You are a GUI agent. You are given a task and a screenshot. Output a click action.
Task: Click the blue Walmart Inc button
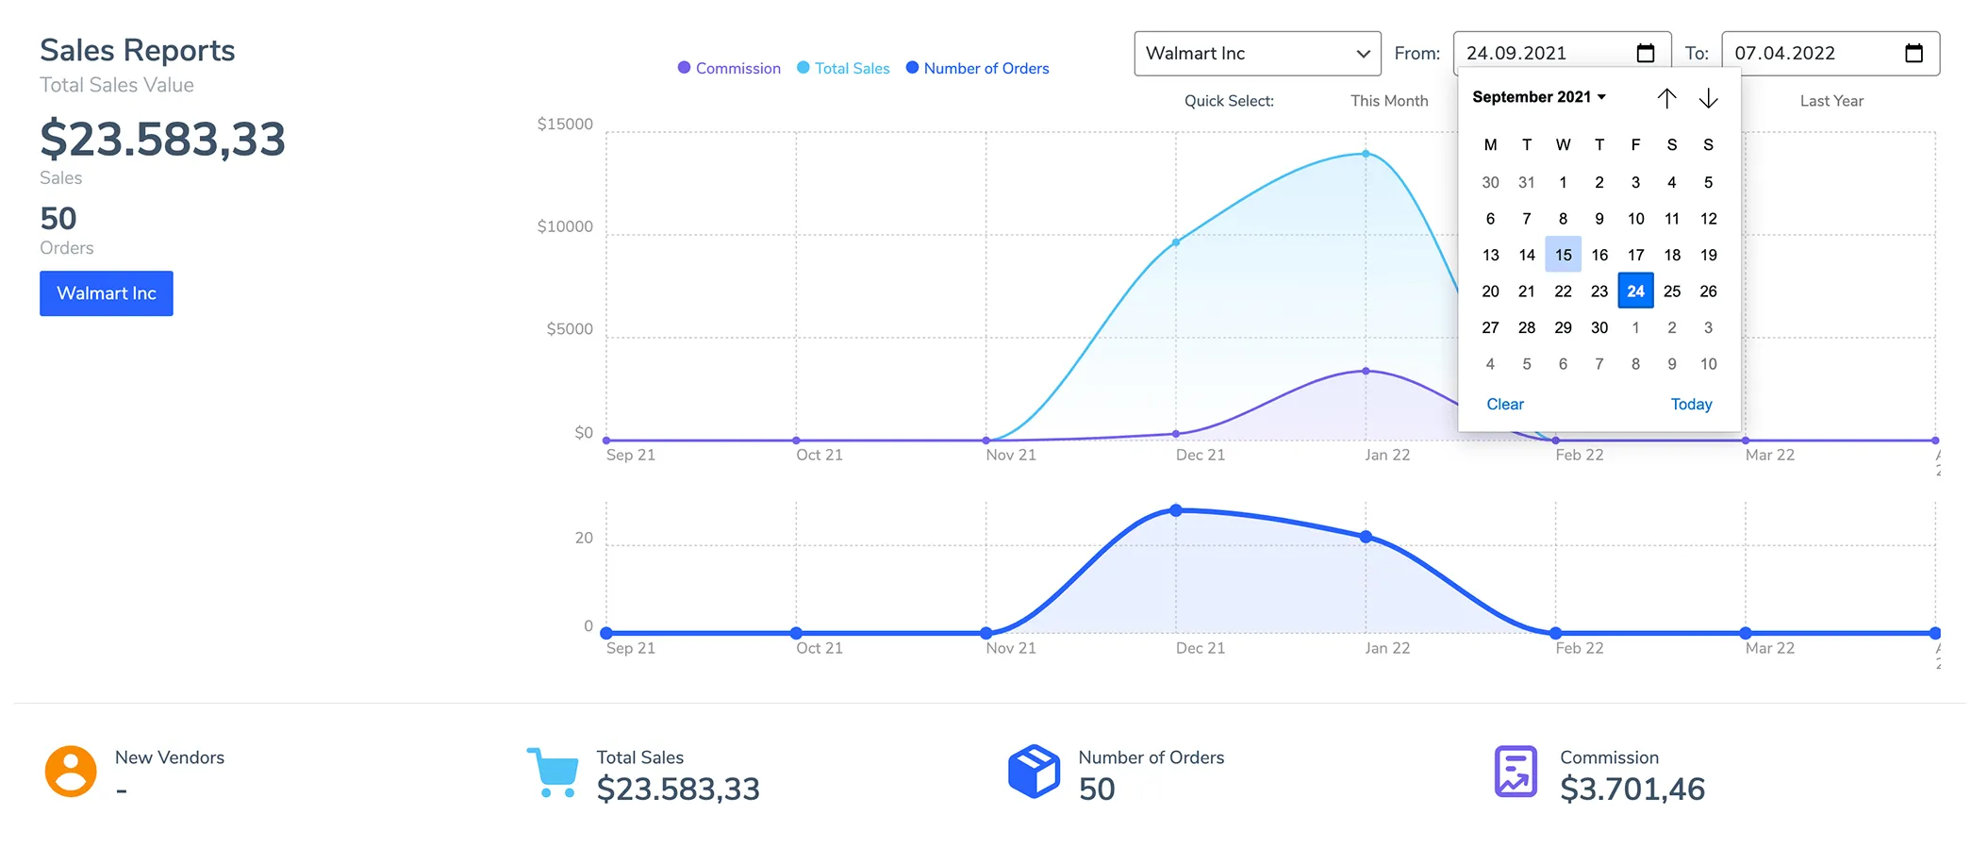[107, 293]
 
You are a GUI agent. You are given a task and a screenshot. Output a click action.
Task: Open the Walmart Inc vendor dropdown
[1257, 54]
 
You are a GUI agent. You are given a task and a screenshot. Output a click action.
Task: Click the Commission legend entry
[729, 68]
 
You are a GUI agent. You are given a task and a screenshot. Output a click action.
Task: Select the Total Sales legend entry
[843, 68]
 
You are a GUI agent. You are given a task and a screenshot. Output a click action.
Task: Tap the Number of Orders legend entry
[977, 68]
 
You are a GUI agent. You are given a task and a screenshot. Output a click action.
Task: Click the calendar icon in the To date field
[1913, 53]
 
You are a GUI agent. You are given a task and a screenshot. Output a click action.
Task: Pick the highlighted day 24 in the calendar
[1635, 291]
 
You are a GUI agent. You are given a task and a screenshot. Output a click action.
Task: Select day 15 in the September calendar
[1563, 255]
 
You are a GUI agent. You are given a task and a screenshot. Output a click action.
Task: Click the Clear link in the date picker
[1505, 404]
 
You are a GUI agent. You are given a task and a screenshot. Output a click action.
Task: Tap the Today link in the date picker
[1691, 404]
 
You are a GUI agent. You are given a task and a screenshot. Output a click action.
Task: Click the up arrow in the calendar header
[1666, 98]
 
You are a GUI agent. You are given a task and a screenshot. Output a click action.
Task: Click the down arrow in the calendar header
[1708, 98]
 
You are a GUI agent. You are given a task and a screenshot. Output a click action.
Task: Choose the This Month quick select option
[1389, 101]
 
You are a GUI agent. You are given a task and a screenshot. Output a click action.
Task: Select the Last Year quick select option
[1831, 101]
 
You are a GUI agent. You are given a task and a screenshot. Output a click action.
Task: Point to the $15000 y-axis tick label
[565, 125]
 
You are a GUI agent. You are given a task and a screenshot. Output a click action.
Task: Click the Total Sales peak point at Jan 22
[1366, 154]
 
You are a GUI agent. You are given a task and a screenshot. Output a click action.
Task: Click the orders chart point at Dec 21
[1176, 510]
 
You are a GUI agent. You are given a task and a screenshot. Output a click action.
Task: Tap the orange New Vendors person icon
[71, 772]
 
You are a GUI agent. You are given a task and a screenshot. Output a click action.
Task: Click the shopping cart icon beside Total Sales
[553, 773]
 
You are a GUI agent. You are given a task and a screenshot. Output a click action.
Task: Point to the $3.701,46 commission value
[1632, 789]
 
